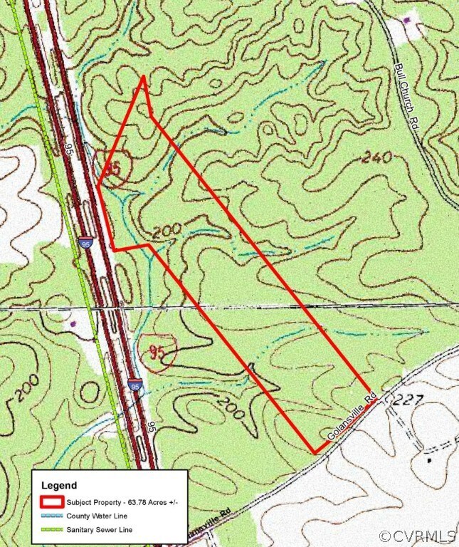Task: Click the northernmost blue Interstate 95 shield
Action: [x=85, y=244]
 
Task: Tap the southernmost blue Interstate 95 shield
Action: [x=134, y=385]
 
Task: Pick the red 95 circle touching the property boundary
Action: [x=111, y=169]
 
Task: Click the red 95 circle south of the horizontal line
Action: [x=157, y=350]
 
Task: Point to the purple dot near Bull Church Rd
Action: [x=407, y=21]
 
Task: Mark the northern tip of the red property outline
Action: [x=144, y=76]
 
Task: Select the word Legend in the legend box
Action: [x=58, y=485]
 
